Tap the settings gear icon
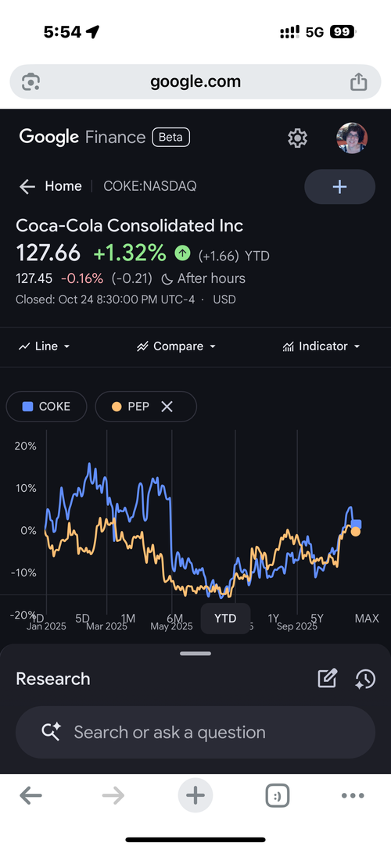(x=297, y=138)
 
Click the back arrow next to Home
(x=27, y=186)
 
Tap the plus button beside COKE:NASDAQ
(x=339, y=187)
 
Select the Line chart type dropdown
(x=45, y=346)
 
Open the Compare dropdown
(x=177, y=346)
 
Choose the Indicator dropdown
(x=321, y=346)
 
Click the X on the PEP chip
(x=167, y=407)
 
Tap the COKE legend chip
(x=47, y=407)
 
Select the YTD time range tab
(x=225, y=618)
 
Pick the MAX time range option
(x=367, y=618)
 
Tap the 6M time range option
(x=175, y=618)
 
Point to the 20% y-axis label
(x=26, y=446)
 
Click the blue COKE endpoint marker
(x=357, y=524)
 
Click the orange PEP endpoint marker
(x=356, y=532)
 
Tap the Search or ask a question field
(x=195, y=733)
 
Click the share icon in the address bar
(x=359, y=81)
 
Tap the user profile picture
(x=352, y=138)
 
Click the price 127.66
(x=48, y=253)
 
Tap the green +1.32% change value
(x=129, y=253)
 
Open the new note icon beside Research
(x=327, y=679)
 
